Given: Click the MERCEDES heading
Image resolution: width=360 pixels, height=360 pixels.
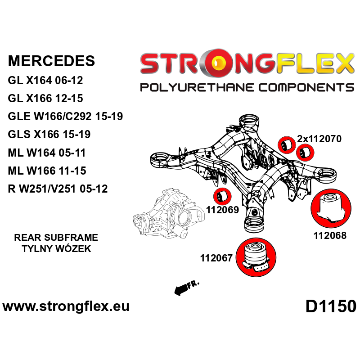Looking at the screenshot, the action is click(x=51, y=61).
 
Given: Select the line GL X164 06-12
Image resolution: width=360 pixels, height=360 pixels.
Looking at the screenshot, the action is click(x=45, y=81).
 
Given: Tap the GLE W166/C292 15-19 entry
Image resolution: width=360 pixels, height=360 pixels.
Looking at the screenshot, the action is click(x=65, y=116).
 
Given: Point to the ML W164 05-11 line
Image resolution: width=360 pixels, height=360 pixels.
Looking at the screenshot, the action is click(x=47, y=153).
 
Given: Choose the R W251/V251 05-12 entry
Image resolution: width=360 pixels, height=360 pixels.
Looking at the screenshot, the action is click(x=58, y=189).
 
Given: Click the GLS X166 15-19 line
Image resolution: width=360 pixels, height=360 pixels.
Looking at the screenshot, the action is click(x=49, y=134).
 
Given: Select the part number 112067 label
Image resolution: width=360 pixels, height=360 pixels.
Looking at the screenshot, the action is click(x=216, y=258).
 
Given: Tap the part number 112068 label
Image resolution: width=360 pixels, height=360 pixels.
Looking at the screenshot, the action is click(x=330, y=235).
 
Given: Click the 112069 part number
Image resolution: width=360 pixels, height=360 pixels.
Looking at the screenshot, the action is click(x=222, y=210).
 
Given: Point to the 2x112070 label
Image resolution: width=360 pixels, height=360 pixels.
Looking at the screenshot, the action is click(x=319, y=139).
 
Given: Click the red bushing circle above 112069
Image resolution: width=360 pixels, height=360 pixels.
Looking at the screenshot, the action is click(x=222, y=196).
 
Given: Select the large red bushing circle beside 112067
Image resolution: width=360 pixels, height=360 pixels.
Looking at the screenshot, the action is click(x=256, y=257).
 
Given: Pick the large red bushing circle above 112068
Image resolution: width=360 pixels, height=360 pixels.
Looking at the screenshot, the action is click(x=331, y=209).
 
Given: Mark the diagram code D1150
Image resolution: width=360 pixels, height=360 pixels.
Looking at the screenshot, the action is click(x=331, y=306).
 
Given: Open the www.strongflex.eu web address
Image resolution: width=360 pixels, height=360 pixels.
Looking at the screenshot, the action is click(x=66, y=306).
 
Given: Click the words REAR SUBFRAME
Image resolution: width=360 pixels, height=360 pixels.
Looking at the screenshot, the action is click(x=56, y=238).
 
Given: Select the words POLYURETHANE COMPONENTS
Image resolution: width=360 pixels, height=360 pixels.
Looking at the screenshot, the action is click(x=247, y=88).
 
